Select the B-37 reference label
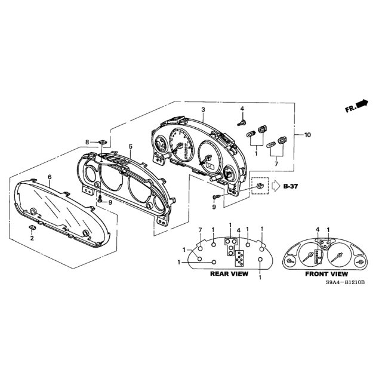tap(291, 186)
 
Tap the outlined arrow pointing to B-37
tap(276, 186)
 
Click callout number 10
tap(307, 135)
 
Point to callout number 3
tap(203, 110)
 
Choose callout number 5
tap(131, 146)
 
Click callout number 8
tap(87, 142)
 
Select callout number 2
tap(32, 238)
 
